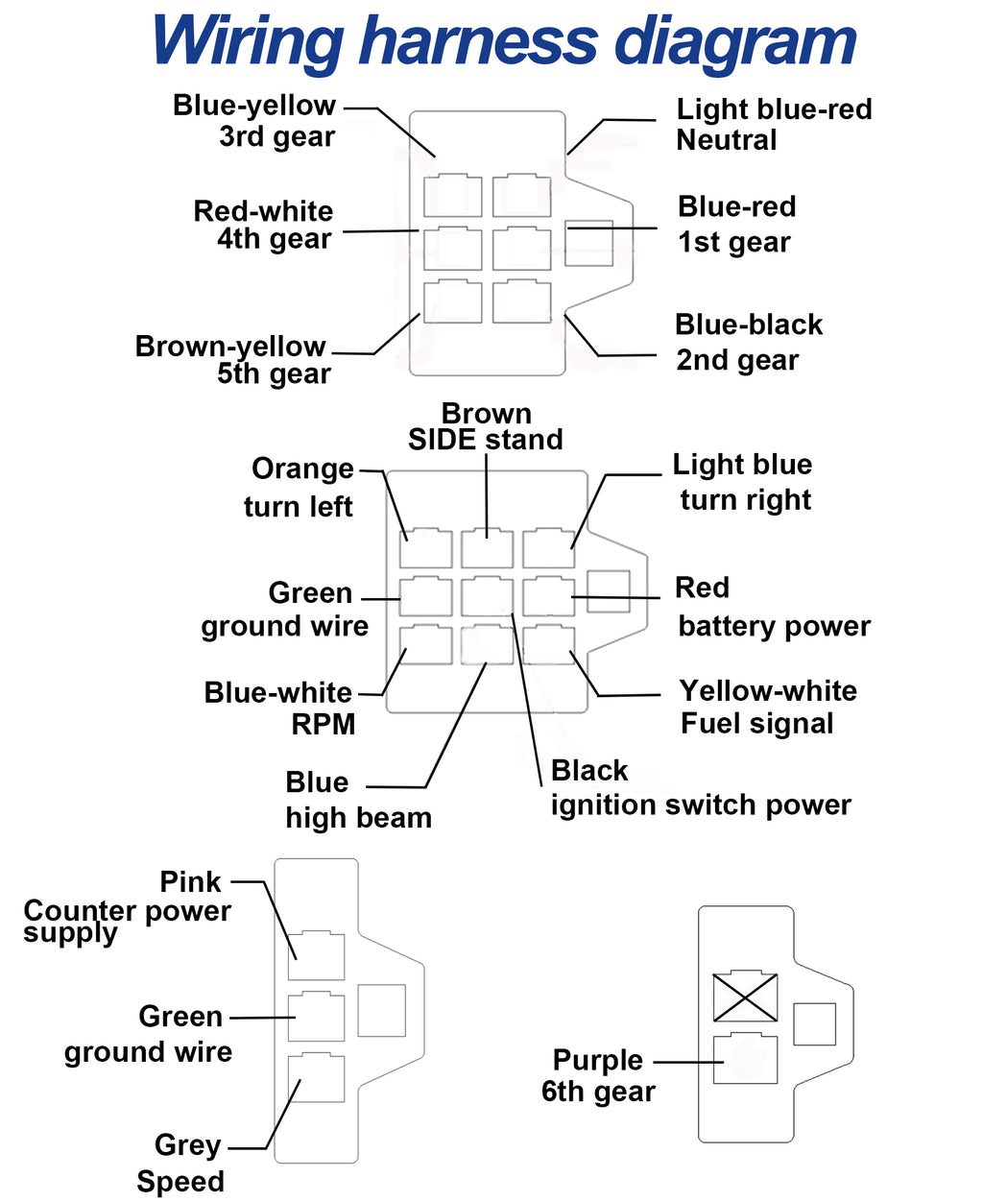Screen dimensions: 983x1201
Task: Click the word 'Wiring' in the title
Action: [247, 41]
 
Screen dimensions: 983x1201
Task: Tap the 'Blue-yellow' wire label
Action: [254, 106]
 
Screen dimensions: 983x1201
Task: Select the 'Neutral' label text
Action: [726, 140]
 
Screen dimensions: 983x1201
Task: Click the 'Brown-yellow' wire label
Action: [230, 347]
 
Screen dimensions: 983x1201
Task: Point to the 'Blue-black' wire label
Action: [749, 324]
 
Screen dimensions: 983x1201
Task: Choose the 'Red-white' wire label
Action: [263, 211]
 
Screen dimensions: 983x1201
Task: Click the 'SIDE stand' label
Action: [485, 440]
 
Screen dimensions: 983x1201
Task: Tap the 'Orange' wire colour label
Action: [303, 469]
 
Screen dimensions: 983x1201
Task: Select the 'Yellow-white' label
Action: [768, 691]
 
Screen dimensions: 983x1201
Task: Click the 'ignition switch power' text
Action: [701, 805]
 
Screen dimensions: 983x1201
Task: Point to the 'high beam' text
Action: [359, 818]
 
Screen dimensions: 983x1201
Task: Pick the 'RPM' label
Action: [324, 725]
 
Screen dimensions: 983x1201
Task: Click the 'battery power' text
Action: [775, 627]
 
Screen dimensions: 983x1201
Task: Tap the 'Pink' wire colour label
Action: [190, 882]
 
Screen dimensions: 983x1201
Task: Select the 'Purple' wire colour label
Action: [598, 1060]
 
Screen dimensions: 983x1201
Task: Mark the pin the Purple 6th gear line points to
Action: [745, 1059]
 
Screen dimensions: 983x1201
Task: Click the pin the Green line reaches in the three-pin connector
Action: [316, 1017]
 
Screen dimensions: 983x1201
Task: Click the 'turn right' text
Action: [746, 500]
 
